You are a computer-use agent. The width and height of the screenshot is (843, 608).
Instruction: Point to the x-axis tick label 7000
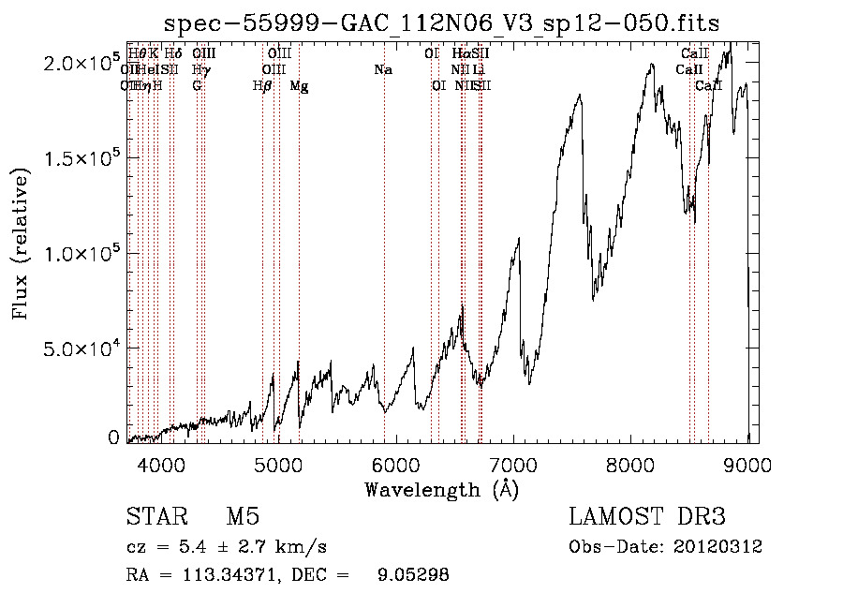(513, 466)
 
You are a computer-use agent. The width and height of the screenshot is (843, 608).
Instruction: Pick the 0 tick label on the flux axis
(113, 437)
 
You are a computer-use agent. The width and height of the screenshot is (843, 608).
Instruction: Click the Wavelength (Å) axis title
(441, 489)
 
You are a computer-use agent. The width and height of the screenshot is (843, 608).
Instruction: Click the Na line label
(382, 69)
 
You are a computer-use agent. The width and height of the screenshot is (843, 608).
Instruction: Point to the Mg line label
(299, 86)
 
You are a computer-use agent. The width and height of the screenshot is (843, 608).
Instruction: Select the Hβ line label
(262, 86)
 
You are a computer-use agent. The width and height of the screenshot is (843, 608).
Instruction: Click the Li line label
(479, 69)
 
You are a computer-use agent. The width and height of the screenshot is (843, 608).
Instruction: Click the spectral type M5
(243, 517)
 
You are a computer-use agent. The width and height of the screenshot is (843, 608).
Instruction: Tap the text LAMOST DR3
(646, 517)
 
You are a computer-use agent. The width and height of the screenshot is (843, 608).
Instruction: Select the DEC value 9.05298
(412, 575)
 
